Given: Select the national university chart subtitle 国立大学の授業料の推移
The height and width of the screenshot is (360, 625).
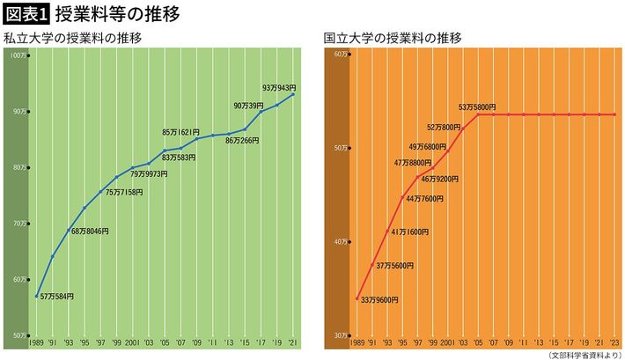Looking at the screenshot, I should click(392, 39).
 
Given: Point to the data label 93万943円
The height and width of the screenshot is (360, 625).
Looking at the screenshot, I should click(279, 88).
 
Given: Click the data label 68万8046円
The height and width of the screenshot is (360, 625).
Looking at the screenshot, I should click(90, 231).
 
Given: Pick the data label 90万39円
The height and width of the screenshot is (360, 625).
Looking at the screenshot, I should click(248, 106).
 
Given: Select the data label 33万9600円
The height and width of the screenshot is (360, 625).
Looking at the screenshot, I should click(379, 300).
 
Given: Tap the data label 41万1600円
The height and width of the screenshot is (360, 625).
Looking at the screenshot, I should click(409, 231).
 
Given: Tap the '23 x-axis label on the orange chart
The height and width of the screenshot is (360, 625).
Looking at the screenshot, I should click(599, 343).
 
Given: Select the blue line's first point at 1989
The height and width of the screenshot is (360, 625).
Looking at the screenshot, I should click(36, 296).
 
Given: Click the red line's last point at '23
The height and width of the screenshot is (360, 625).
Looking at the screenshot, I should click(614, 114).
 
